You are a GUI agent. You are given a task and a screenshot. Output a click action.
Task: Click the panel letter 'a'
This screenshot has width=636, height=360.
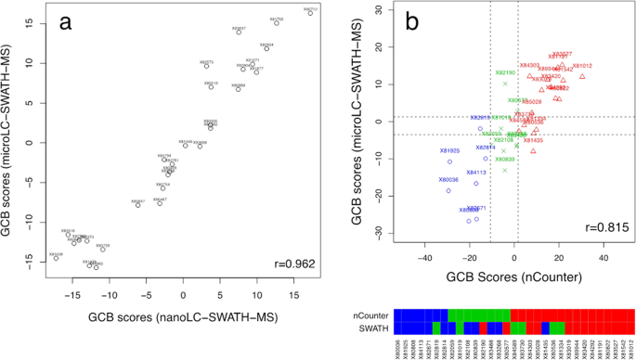(x=67, y=24)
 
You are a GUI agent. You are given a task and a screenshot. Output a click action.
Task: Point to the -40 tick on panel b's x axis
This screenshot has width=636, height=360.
(x=425, y=259)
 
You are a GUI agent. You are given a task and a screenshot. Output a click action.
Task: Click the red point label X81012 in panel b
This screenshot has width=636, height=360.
(x=582, y=66)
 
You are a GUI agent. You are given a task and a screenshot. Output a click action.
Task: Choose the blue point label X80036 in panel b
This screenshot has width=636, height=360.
(x=448, y=179)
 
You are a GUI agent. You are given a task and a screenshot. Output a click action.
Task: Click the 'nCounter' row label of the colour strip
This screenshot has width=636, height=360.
(x=375, y=316)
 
